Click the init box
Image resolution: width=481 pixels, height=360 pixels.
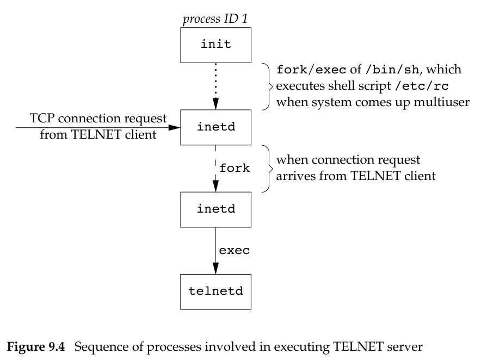tap(215, 45)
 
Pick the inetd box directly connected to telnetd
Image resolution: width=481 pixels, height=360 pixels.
tap(215, 208)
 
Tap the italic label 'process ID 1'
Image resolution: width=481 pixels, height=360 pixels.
tap(215, 19)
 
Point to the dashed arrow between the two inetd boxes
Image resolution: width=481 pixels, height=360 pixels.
tap(215, 169)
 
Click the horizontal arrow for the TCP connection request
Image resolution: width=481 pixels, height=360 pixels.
tap(98, 128)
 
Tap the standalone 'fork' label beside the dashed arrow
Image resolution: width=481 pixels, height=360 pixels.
tap(235, 168)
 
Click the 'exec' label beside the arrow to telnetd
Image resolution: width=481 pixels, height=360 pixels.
tap(235, 251)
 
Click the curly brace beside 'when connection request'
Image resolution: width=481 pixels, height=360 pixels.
tap(268, 169)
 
